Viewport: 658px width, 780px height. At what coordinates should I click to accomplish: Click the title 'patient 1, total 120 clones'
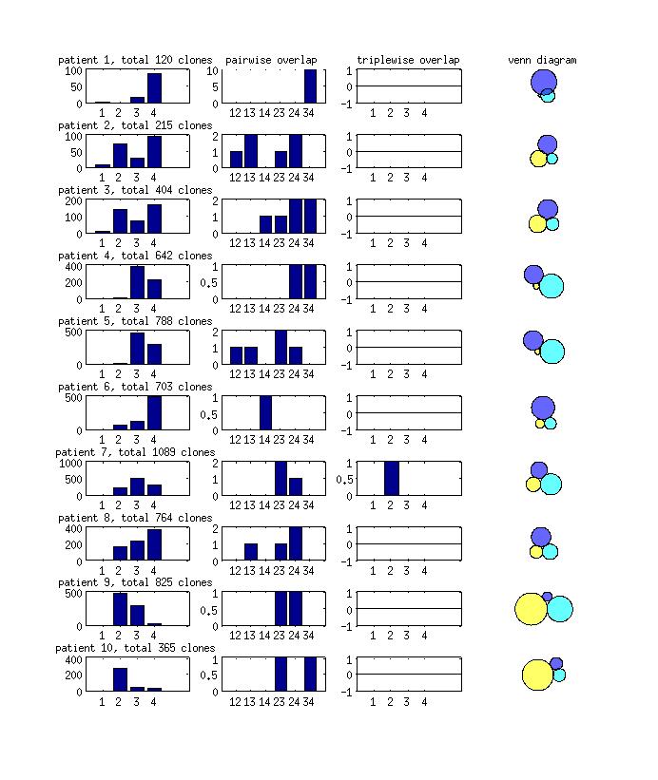pyautogui.click(x=135, y=60)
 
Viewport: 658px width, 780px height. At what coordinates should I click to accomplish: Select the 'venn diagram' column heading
pyautogui.click(x=541, y=60)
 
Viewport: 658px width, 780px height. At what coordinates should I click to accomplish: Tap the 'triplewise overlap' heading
pyautogui.click(x=408, y=60)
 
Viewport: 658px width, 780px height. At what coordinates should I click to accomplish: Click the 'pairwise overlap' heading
pyautogui.click(x=271, y=60)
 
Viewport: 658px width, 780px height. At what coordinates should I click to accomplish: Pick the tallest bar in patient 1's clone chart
pyautogui.click(x=154, y=87)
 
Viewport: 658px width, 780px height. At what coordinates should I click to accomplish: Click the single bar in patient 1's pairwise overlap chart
pyautogui.click(x=310, y=86)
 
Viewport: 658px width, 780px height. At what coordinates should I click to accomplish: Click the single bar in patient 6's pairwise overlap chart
pyautogui.click(x=266, y=413)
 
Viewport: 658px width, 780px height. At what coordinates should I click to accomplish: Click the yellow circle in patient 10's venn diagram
pyautogui.click(x=536, y=675)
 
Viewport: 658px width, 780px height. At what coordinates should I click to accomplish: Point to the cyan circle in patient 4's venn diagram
pyautogui.click(x=552, y=286)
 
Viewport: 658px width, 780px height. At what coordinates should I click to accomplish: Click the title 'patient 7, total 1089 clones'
pyautogui.click(x=135, y=452)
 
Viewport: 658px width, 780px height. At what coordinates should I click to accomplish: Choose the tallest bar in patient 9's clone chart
pyautogui.click(x=120, y=609)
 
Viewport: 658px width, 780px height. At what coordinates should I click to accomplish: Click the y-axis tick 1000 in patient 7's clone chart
pyautogui.click(x=70, y=463)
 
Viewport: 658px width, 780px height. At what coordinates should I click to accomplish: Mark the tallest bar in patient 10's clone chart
pyautogui.click(x=120, y=679)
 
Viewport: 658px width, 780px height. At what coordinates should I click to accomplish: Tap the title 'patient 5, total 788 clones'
pyautogui.click(x=135, y=321)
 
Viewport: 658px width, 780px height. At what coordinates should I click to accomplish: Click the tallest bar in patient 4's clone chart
pyautogui.click(x=137, y=282)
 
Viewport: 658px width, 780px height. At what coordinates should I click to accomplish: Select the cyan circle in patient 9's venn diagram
pyautogui.click(x=560, y=609)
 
